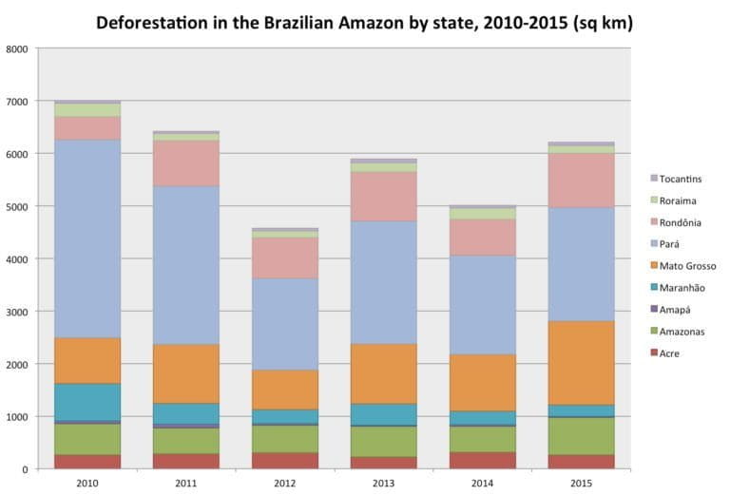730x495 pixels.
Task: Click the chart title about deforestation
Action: (364, 22)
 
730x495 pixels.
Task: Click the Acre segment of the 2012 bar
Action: (283, 461)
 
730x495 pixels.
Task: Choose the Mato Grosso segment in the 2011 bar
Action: (185, 373)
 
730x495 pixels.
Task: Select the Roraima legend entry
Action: (677, 200)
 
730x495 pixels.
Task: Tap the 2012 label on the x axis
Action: (283, 484)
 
